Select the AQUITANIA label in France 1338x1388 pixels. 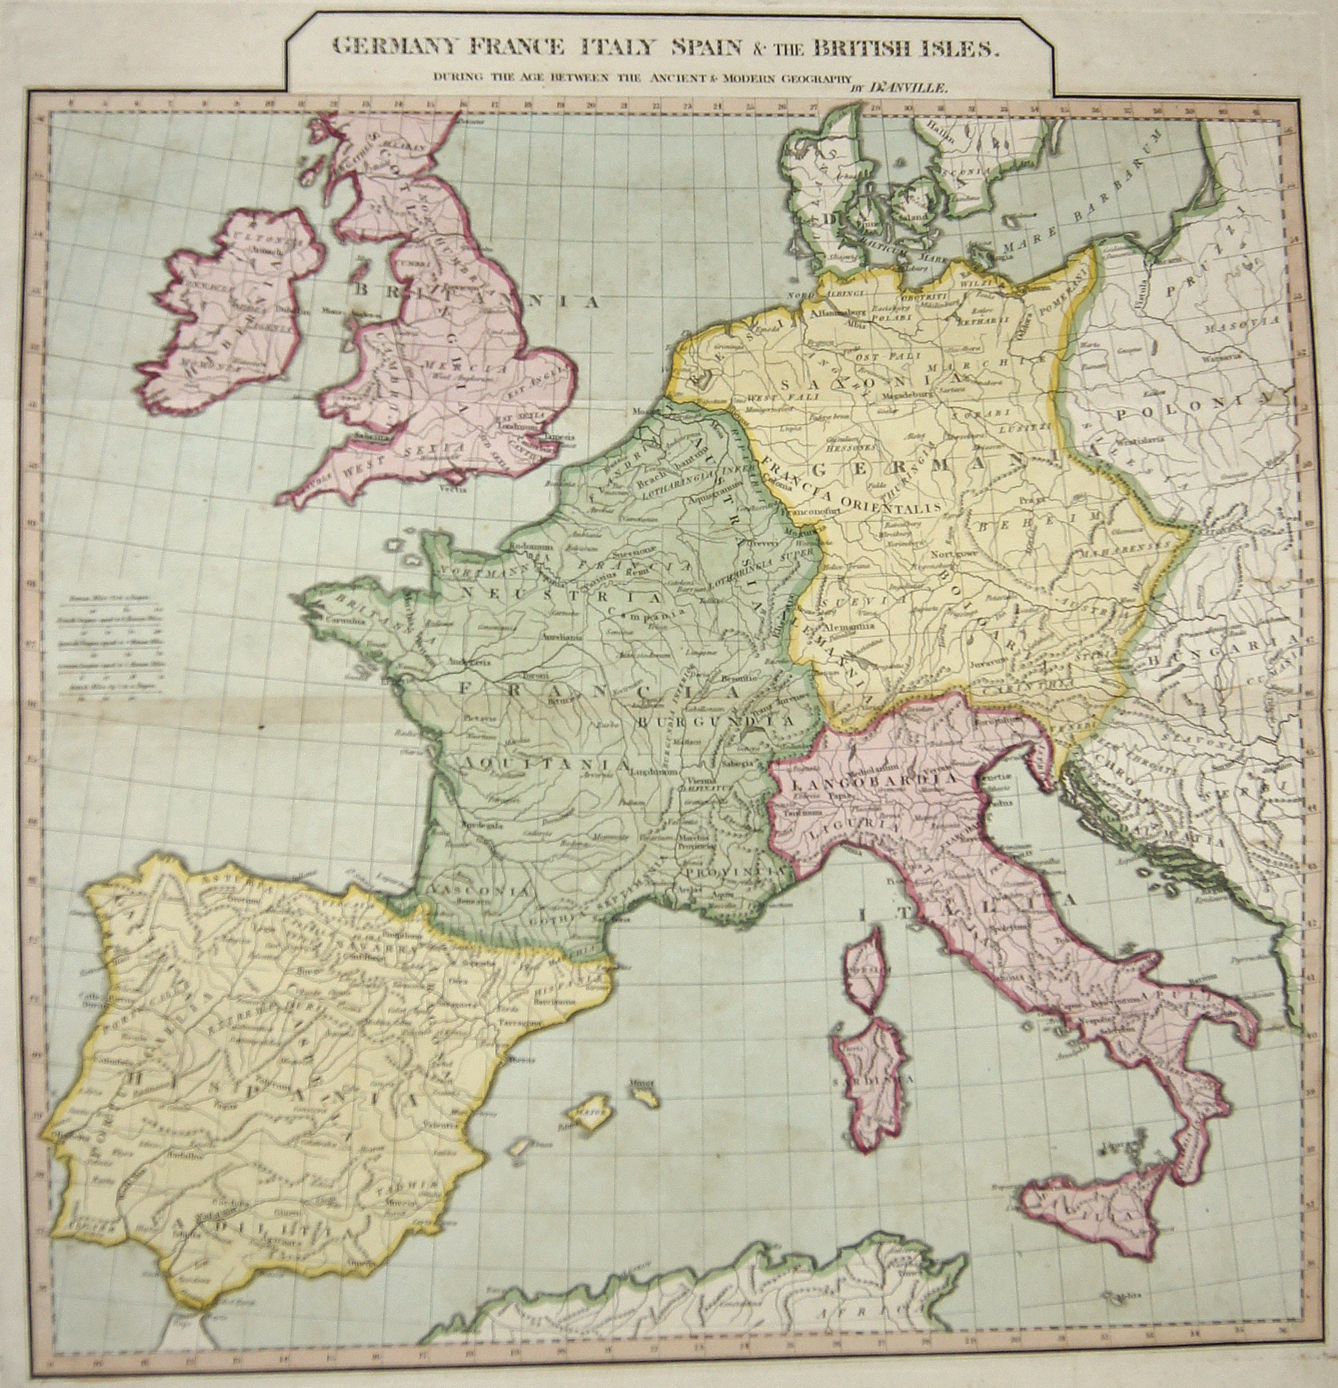[x=545, y=764]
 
